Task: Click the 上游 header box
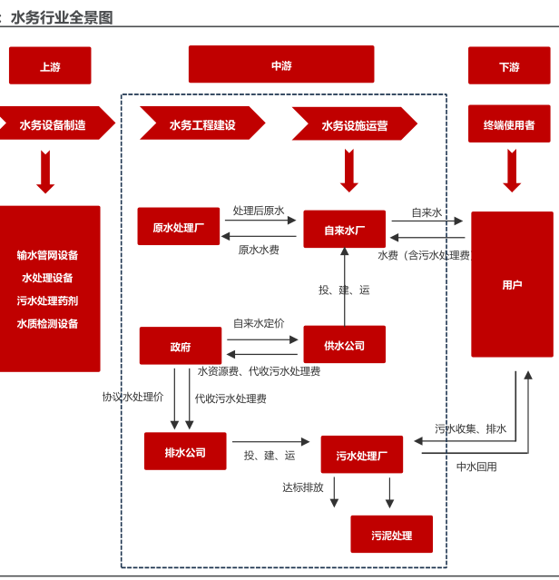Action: tap(50, 66)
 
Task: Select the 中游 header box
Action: tap(281, 65)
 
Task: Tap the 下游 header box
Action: tap(509, 66)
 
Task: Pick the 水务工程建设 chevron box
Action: tap(201, 124)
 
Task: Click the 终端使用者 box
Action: tap(509, 124)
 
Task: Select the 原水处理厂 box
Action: tap(179, 227)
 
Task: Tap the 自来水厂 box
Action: tap(344, 230)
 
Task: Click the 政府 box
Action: tap(181, 346)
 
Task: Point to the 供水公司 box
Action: tap(344, 345)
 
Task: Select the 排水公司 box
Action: tap(185, 451)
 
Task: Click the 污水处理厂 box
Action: tap(361, 455)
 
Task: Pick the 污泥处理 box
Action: tap(391, 535)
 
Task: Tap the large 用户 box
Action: tap(512, 284)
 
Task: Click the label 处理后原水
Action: tap(259, 211)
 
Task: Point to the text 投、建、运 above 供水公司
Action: tap(344, 290)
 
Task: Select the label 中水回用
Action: tap(476, 467)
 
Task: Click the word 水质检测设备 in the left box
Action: tap(47, 323)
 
